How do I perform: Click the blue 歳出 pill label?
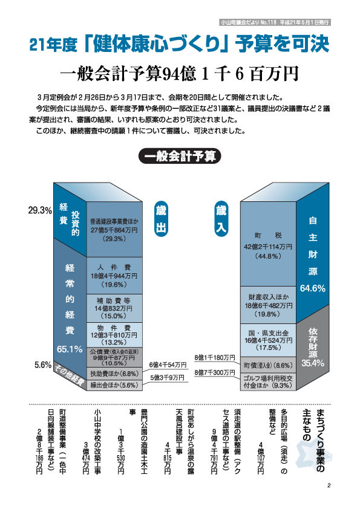coord(161,219)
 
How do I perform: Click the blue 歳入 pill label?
coord(221,219)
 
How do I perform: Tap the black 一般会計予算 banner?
coord(180,156)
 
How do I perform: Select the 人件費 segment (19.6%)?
coord(114,276)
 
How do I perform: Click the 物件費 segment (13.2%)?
coord(114,335)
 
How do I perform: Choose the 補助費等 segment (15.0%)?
coord(114,308)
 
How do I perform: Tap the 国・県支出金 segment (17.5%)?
coord(268,340)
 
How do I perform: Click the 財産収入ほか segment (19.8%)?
coord(268,305)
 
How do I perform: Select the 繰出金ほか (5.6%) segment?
coord(114,385)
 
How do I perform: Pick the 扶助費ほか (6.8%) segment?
coord(114,374)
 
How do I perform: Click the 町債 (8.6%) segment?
coord(268,365)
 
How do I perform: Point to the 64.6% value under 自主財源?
coord(313,288)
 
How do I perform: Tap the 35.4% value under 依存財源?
coord(313,363)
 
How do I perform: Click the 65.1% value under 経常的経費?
coord(70,349)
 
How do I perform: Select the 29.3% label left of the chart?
coord(40,211)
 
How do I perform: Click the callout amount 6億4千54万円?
coord(168,365)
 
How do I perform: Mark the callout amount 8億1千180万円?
coord(215,357)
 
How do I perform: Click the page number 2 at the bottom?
coord(329,485)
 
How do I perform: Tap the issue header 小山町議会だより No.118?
coord(248,22)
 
